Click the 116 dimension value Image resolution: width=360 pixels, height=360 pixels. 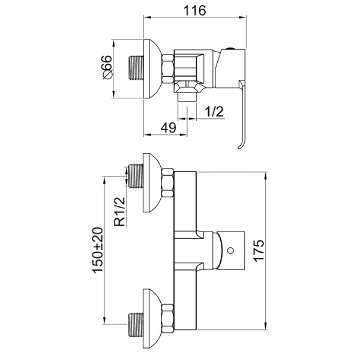(x=194, y=10)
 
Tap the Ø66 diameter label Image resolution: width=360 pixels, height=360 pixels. (x=107, y=67)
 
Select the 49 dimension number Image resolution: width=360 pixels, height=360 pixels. (x=168, y=128)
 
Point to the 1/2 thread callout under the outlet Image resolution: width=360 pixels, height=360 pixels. (x=214, y=112)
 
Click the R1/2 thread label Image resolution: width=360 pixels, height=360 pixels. (x=119, y=212)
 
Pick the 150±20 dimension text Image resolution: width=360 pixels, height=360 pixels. (x=98, y=250)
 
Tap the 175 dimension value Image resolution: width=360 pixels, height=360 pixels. (x=259, y=250)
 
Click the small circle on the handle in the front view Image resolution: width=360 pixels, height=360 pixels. (x=230, y=250)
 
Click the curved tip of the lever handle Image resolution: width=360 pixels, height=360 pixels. (x=239, y=148)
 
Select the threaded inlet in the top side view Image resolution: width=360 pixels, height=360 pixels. (x=136, y=68)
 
